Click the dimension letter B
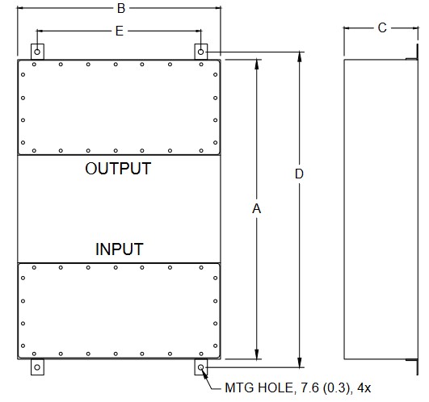pos(121,8)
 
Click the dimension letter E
pos(120,31)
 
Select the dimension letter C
pos(382,27)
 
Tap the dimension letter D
pos(299,174)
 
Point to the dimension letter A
pos(256,209)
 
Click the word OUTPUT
pos(118,169)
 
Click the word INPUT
pos(120,249)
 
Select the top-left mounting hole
pos(37,52)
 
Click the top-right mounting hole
pos(200,52)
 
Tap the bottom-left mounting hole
pos(37,367)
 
